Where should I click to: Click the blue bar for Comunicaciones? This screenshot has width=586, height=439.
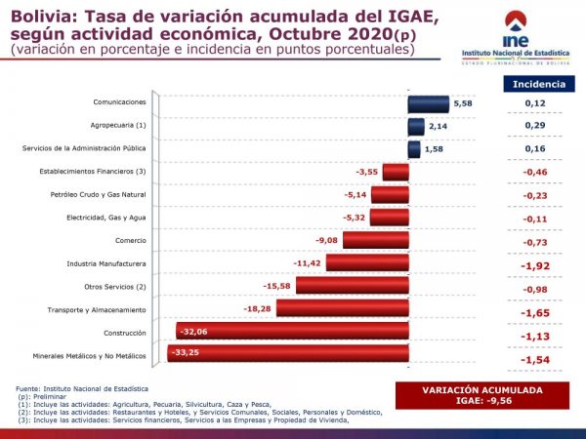pyautogui.click(x=428, y=103)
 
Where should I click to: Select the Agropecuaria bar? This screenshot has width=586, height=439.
pyautogui.click(x=416, y=126)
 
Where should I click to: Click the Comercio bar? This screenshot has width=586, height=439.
pyautogui.click(x=375, y=240)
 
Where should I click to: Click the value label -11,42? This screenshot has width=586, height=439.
pyautogui.click(x=309, y=263)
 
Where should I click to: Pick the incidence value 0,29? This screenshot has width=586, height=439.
pyautogui.click(x=534, y=127)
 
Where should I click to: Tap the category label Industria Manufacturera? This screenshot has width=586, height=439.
pyautogui.click(x=106, y=263)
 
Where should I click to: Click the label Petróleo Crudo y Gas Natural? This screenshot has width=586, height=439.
pyautogui.click(x=98, y=195)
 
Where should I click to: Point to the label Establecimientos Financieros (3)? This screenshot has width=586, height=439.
pyautogui.click(x=91, y=172)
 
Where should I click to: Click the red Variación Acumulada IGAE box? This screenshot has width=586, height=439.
pyautogui.click(x=484, y=395)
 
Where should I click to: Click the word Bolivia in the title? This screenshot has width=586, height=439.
pyautogui.click(x=39, y=15)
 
